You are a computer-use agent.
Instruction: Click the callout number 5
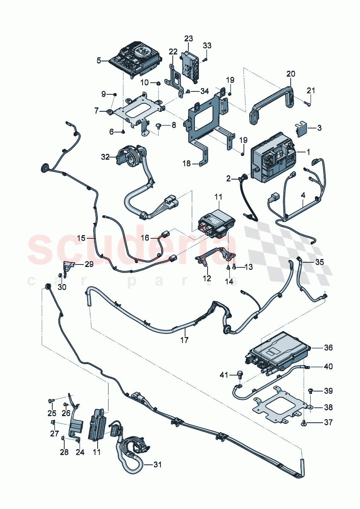(99, 61)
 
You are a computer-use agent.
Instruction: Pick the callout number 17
(184, 340)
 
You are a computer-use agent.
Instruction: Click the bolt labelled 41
(239, 374)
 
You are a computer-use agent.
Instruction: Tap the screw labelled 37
(303, 422)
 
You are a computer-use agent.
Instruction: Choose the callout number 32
(105, 157)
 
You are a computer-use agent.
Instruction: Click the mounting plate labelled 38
(278, 406)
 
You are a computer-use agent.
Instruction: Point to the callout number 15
(81, 238)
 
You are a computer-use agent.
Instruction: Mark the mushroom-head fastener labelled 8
(159, 126)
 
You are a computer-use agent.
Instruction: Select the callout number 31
(157, 464)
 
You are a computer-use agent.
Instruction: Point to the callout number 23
(188, 38)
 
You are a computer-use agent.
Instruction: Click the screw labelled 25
(51, 401)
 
